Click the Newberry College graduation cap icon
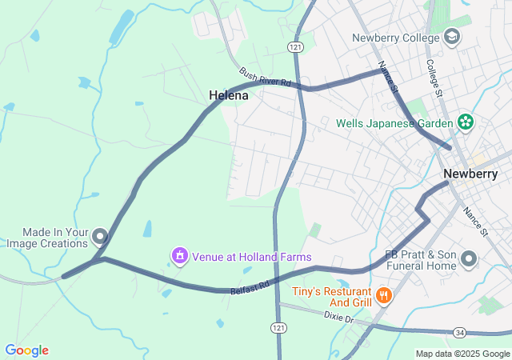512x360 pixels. (x=452, y=38)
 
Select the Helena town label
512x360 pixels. (x=229, y=95)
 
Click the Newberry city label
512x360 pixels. (x=470, y=174)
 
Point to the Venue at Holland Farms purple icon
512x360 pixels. (x=180, y=256)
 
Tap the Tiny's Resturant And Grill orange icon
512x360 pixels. (x=385, y=296)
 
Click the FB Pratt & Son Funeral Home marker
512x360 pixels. (x=469, y=258)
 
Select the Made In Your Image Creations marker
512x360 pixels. (x=100, y=236)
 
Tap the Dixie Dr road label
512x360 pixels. (x=339, y=318)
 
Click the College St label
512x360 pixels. (x=434, y=78)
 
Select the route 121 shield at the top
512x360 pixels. (x=296, y=48)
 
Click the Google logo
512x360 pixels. (x=26, y=350)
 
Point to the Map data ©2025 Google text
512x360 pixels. (x=462, y=354)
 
